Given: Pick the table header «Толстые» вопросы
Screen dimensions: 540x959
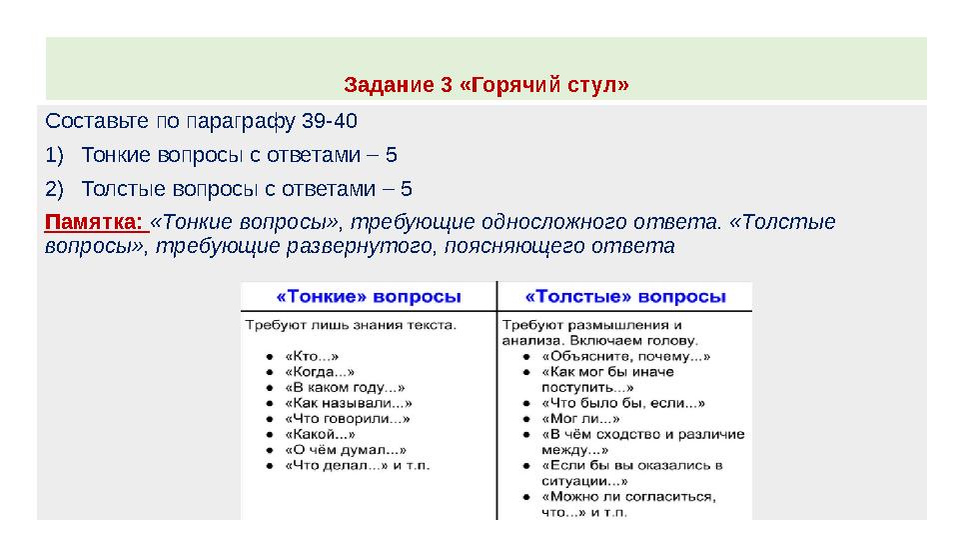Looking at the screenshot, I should [x=625, y=297].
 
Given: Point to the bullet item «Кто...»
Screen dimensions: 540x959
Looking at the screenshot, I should [x=312, y=354].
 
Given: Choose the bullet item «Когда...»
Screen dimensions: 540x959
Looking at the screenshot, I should [x=319, y=371].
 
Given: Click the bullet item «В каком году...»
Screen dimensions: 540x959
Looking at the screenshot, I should [x=345, y=387].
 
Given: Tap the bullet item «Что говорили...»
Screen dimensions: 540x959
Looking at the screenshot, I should [x=347, y=419].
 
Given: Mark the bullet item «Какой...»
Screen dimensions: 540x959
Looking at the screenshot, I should [x=319, y=435].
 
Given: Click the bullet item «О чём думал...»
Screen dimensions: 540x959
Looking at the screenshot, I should [x=345, y=450].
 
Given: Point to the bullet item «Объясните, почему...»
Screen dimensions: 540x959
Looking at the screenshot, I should [x=625, y=355].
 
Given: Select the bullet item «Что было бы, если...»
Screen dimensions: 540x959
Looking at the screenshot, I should [x=622, y=403].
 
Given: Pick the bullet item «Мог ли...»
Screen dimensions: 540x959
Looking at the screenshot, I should [x=574, y=419].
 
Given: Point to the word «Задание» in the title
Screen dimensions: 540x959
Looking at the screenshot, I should [x=389, y=84].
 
